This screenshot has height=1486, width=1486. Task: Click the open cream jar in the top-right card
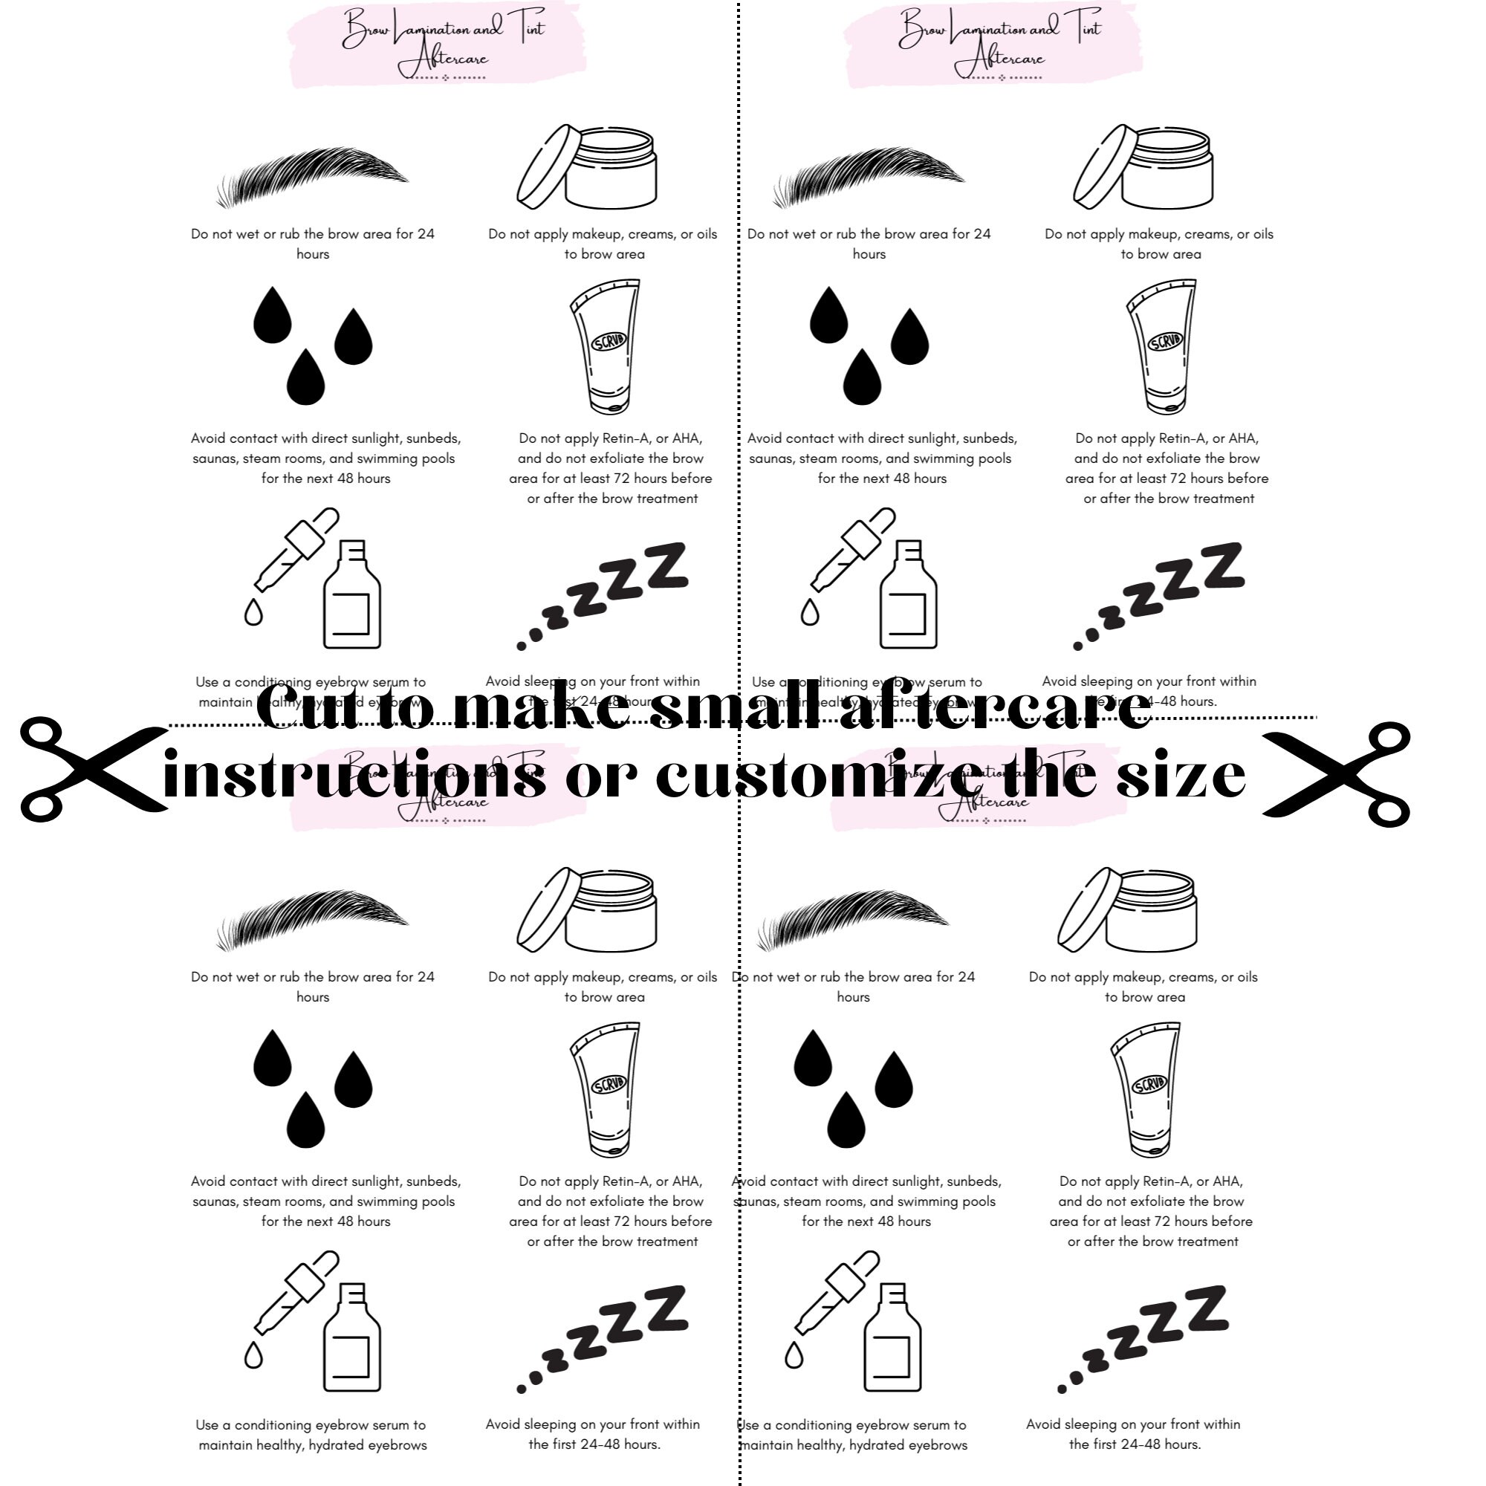click(x=1143, y=168)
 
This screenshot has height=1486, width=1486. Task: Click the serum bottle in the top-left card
click(x=352, y=596)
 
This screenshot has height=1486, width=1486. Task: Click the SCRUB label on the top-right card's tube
click(x=1166, y=341)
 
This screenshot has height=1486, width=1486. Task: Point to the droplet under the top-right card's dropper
click(x=809, y=613)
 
